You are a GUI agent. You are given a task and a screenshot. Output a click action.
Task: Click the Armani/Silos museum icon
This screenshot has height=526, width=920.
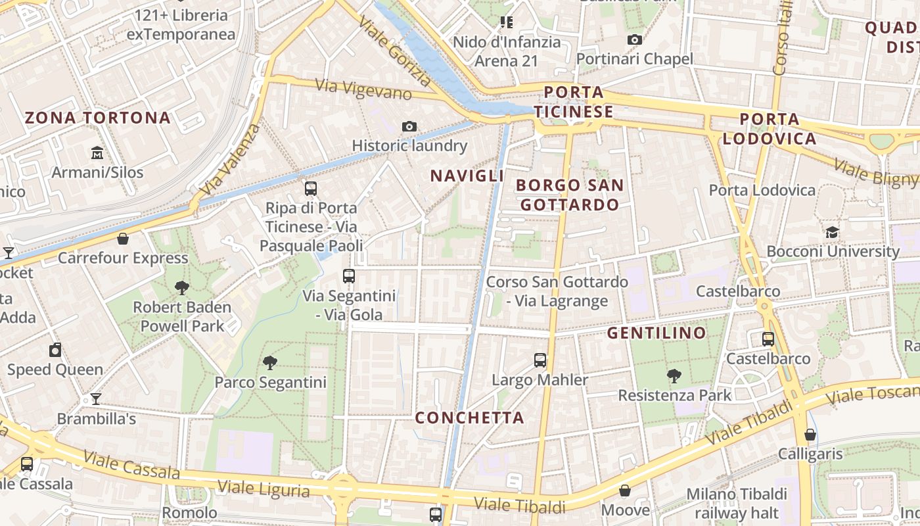point(97,153)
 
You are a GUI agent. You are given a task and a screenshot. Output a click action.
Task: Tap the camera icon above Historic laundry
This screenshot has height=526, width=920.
point(409,126)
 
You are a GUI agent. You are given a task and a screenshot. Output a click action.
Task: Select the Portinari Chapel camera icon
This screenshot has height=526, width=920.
point(634,39)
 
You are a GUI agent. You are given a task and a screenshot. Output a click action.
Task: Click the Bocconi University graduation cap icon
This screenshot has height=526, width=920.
point(832,232)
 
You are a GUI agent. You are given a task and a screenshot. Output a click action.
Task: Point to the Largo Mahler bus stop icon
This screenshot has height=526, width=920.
point(540,360)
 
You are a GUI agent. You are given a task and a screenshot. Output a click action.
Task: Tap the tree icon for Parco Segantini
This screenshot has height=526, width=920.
point(269,362)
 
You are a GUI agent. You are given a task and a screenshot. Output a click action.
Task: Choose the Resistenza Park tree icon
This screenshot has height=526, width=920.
point(674,376)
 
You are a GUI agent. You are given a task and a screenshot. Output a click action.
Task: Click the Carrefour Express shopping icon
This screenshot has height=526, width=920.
point(122,238)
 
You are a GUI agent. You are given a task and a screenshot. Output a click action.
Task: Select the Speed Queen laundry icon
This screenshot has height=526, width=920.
point(55,350)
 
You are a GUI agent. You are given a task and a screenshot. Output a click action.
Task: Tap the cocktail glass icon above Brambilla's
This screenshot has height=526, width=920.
point(96,399)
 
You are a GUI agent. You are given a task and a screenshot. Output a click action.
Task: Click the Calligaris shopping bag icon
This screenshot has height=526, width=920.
point(810,435)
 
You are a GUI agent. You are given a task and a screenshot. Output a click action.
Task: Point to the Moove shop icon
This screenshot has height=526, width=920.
point(625,490)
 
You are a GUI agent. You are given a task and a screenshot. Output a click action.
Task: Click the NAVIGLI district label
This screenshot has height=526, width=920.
point(467,176)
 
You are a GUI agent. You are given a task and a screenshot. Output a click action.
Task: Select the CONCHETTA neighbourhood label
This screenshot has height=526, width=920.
point(469,418)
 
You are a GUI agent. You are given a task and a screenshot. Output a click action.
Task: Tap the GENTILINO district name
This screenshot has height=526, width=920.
point(656,333)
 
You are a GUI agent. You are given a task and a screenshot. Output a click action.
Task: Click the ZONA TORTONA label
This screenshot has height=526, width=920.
point(98,118)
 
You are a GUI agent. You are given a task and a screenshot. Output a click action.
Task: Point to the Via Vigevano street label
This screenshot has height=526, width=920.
point(363,89)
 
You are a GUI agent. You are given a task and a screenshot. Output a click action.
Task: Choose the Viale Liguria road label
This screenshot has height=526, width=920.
point(264,489)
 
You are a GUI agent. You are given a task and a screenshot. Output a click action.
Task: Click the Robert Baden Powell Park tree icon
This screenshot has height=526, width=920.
point(182,287)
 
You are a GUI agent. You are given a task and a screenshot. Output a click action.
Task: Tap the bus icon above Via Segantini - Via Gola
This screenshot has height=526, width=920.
point(349,276)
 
